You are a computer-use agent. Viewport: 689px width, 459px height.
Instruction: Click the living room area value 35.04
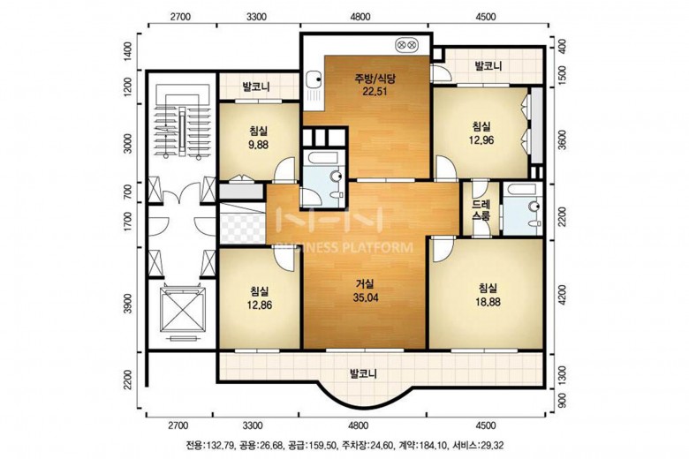(365, 297)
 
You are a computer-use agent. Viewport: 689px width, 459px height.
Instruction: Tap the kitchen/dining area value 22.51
(375, 92)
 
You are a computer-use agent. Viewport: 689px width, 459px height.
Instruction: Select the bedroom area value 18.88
(488, 302)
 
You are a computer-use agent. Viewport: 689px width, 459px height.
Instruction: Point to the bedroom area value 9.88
(258, 144)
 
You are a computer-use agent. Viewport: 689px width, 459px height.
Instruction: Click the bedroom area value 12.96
(481, 140)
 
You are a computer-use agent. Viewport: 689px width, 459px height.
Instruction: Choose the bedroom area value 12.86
(259, 305)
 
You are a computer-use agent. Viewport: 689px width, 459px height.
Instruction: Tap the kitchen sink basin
(314, 79)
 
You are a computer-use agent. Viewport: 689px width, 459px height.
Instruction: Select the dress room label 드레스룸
(481, 210)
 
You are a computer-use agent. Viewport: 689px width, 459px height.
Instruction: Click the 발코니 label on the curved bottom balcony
(363, 374)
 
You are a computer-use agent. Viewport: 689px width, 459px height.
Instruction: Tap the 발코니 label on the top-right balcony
(488, 67)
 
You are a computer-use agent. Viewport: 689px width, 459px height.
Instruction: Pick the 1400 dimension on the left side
(128, 51)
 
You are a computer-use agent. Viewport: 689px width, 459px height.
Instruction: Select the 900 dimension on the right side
(561, 401)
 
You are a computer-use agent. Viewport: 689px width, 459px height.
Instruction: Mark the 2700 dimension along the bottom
(178, 425)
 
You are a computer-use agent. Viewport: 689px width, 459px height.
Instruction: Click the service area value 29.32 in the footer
(493, 446)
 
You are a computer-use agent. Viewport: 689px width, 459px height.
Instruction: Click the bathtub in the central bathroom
(322, 157)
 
